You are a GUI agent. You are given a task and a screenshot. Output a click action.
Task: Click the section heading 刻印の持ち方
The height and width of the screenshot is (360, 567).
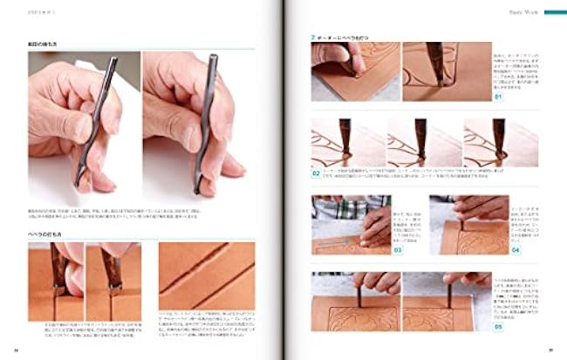click(46, 42)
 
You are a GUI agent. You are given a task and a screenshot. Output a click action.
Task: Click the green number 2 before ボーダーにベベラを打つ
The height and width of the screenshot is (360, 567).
click(313, 37)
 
